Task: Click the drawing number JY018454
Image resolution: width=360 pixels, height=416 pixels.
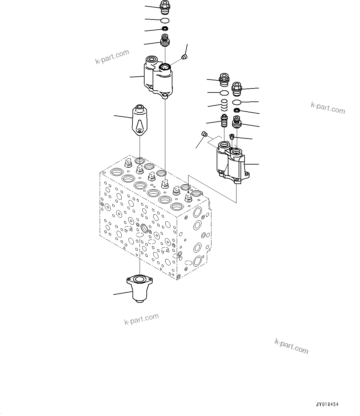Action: point(327,404)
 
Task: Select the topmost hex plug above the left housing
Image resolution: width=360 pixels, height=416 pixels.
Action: point(164,8)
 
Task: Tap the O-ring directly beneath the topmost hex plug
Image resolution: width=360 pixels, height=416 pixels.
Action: point(165,20)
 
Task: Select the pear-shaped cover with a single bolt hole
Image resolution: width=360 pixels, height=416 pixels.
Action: point(140,120)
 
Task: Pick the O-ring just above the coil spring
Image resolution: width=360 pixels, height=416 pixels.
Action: point(224,93)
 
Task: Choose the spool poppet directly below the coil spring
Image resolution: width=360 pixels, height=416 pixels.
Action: point(224,121)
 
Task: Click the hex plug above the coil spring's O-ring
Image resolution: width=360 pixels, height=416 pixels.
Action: point(223,80)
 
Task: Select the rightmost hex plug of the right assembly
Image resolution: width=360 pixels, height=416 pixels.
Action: point(237,88)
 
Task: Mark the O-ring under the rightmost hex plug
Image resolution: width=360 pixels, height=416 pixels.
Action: point(237,102)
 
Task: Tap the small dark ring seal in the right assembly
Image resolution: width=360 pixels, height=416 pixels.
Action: point(237,110)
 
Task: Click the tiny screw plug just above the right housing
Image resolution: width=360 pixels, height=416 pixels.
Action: point(231,136)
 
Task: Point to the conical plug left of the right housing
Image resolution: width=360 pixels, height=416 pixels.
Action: point(204,134)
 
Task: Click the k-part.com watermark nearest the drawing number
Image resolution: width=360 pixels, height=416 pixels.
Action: point(291,346)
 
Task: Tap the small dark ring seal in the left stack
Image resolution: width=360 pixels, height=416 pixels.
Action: point(165,29)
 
